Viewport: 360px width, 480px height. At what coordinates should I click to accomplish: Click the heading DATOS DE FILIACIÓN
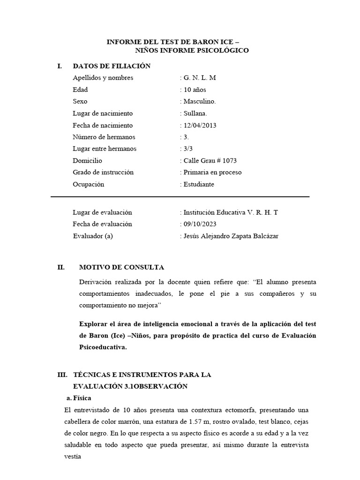pyautogui.click(x=112, y=66)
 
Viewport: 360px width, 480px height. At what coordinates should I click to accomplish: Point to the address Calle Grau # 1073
pyautogui.click(x=210, y=161)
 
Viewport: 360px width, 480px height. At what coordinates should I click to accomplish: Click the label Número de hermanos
pyautogui.click(x=104, y=137)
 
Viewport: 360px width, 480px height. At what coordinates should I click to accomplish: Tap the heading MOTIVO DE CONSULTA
pyautogui.click(x=121, y=268)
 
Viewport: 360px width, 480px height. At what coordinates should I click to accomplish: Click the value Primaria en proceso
pyautogui.click(x=212, y=172)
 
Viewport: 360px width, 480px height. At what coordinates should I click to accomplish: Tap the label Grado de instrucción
pyautogui.click(x=103, y=172)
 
